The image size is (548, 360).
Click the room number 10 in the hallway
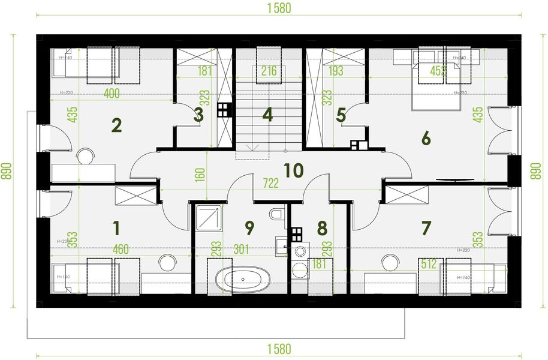coord(293,170)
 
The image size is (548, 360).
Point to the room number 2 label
coord(117,125)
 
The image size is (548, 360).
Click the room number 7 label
coord(426,228)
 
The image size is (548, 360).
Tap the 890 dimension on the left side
coord(6,172)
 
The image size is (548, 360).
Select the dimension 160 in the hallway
coord(200,174)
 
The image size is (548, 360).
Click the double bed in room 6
coord(435,84)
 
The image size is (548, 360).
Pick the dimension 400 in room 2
coord(111,94)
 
